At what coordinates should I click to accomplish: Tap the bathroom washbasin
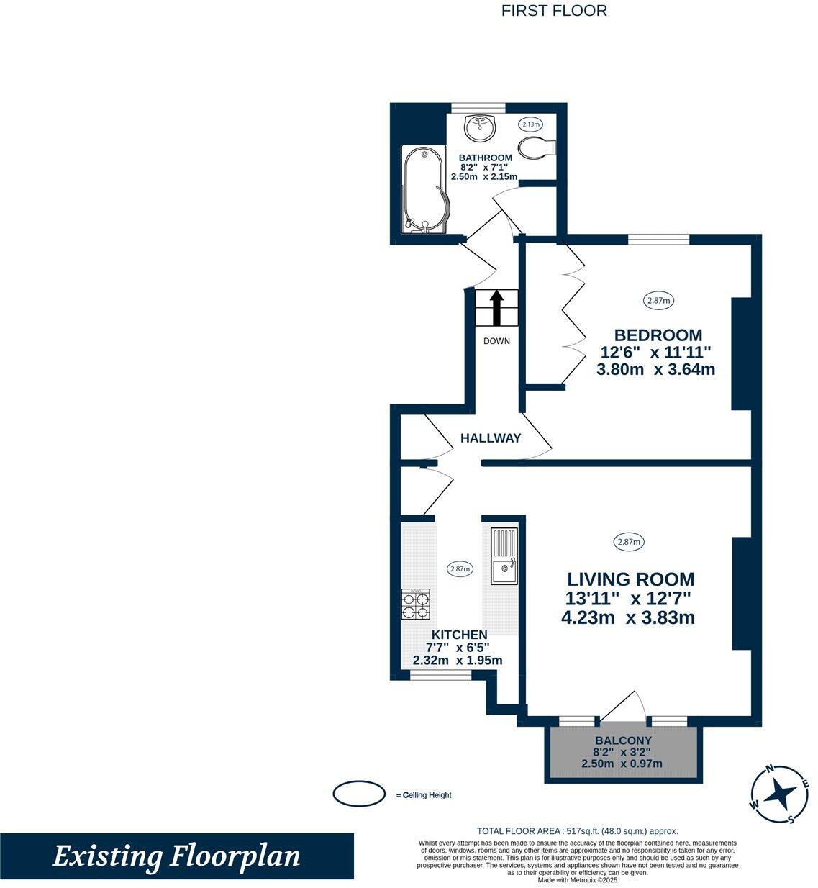point(480,129)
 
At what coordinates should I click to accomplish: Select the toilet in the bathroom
point(536,148)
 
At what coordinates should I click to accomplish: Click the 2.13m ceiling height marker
point(531,124)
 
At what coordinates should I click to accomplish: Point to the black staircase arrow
point(496,308)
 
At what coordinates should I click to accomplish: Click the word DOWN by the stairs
point(496,341)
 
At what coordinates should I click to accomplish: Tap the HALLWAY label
point(491,438)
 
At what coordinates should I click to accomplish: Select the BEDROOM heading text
point(658,335)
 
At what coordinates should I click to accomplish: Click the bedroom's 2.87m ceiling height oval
point(658,301)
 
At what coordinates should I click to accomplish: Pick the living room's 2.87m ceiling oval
point(629,542)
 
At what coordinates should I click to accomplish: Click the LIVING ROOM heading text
point(631,579)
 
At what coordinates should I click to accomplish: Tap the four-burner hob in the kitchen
point(416,604)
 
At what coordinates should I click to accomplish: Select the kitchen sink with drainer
point(504,556)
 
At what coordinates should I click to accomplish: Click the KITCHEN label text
point(459,635)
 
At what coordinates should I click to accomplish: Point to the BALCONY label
point(623,740)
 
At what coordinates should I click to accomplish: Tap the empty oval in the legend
point(359,794)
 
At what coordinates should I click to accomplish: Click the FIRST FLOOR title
point(554,11)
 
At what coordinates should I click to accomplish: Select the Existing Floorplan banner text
point(176,856)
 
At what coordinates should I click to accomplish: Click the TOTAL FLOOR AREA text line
point(577,830)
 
